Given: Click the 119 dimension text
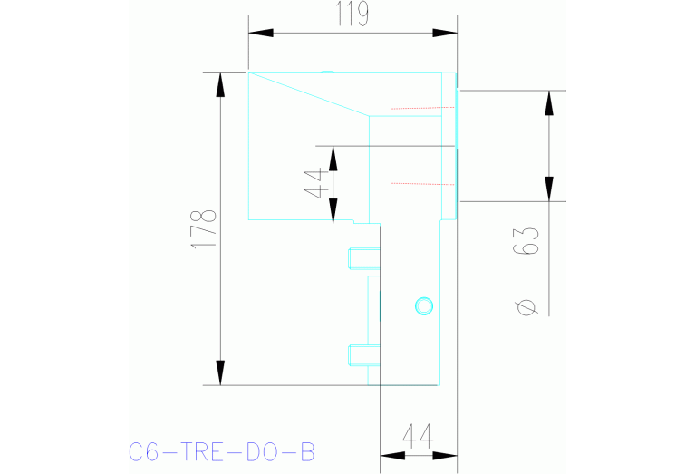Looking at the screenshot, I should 352,15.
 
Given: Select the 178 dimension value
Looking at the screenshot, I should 207,229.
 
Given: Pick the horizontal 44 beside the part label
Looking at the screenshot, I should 416,437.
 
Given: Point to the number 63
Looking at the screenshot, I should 530,240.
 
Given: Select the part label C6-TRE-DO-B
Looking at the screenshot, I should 221,450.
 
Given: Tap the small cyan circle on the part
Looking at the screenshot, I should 423,305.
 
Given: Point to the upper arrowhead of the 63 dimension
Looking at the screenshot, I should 548,102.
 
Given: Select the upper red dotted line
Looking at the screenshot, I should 419,108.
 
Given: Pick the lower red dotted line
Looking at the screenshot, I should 419,183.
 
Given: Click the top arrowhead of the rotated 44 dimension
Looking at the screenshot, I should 333,158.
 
